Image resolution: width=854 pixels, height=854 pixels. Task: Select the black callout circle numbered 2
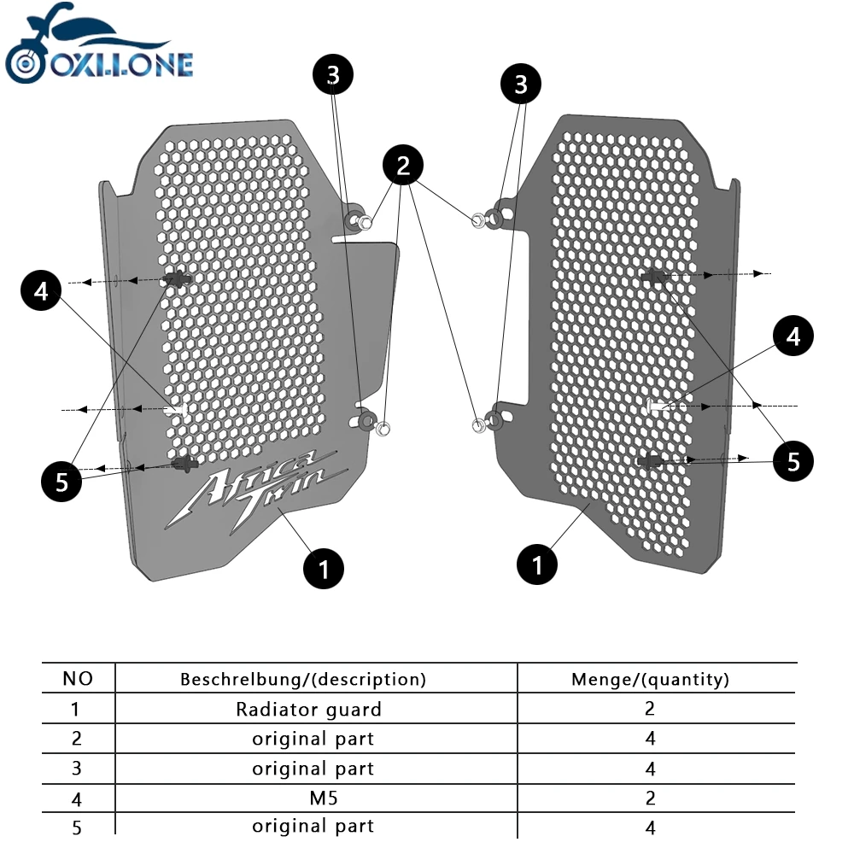(x=404, y=167)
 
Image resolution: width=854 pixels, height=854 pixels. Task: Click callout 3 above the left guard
(x=333, y=75)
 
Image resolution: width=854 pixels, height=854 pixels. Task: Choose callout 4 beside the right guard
(x=794, y=336)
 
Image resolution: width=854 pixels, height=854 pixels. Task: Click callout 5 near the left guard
(x=62, y=482)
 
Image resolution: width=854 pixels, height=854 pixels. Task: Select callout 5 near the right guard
(x=794, y=462)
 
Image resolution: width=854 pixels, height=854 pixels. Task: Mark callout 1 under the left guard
(x=324, y=568)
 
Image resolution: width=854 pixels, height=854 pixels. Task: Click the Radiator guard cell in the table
(x=309, y=709)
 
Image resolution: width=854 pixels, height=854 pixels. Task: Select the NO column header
(x=78, y=679)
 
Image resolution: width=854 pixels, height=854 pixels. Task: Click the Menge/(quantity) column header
(x=650, y=680)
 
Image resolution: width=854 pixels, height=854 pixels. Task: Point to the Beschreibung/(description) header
(x=303, y=680)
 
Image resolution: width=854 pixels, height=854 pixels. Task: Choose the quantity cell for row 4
(x=651, y=798)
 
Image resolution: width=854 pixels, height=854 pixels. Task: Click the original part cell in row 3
(x=313, y=769)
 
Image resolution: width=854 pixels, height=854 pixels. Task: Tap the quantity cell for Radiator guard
(x=651, y=709)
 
